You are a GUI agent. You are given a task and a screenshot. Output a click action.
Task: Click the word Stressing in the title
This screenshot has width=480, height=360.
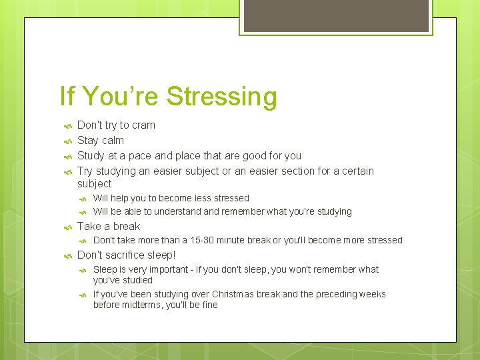tap(221, 97)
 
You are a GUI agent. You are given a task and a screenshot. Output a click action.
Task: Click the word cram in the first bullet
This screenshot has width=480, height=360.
tap(143, 125)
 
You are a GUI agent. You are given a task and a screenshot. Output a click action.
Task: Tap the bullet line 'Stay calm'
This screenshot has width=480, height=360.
tap(101, 140)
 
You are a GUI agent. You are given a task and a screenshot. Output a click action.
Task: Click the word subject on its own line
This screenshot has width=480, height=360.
tap(94, 183)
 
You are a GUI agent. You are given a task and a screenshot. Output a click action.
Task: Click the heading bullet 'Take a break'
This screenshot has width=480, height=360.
tap(109, 226)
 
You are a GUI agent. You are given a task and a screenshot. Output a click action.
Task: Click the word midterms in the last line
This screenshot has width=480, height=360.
tap(141, 305)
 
